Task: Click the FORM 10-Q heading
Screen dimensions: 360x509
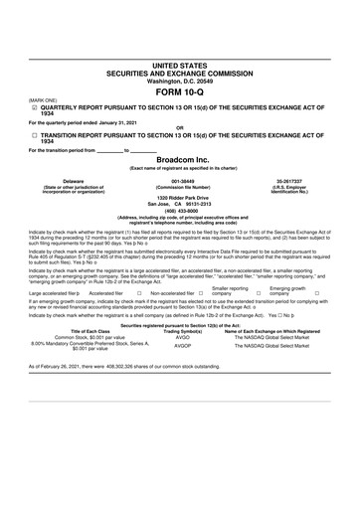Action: tap(180, 90)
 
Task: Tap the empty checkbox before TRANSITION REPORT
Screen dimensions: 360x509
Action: tap(33, 134)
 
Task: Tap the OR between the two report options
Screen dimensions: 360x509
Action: tap(180, 127)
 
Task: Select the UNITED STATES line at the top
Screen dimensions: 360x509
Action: tap(180, 64)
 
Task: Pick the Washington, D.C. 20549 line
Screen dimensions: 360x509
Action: tap(180, 79)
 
